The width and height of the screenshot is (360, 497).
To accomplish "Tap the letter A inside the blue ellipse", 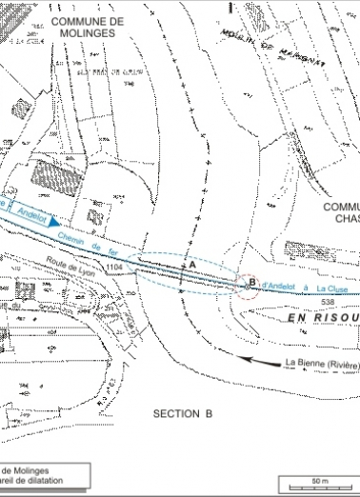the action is click(x=191, y=262).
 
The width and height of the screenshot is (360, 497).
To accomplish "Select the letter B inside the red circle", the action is click(x=251, y=281).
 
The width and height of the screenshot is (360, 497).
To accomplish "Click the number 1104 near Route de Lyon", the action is click(x=116, y=269).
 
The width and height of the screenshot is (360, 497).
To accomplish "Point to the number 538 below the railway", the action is click(x=329, y=302).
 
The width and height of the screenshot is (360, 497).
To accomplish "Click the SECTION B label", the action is click(x=182, y=413).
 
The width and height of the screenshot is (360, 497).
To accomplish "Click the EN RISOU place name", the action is click(x=323, y=319).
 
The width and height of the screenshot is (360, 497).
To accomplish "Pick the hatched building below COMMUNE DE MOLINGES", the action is click(x=50, y=172).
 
